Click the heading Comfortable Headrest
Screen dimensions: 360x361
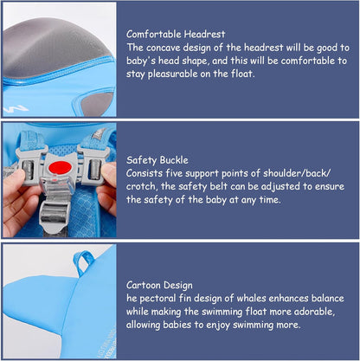[176, 34]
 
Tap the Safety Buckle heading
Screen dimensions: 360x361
[157, 160]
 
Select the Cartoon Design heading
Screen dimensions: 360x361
[159, 285]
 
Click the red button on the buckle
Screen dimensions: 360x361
[60, 168]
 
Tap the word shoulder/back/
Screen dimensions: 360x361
[297, 173]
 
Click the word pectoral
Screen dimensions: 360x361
[157, 299]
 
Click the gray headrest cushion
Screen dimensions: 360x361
[55, 47]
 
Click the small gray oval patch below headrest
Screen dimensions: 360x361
[96, 103]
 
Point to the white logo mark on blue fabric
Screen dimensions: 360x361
[16, 109]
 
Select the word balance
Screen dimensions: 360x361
[327, 298]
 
